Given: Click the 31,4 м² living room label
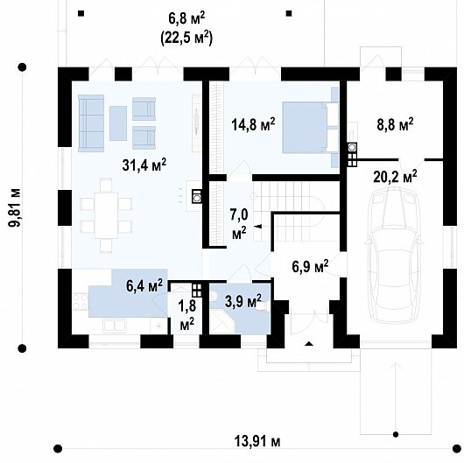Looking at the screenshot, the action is pos(144,165).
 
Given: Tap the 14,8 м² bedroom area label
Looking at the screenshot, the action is pos(253,124).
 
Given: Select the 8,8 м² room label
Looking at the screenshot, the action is pos(395,124).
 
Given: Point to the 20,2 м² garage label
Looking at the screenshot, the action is pos(395,177).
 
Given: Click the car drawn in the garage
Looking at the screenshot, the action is pos(394,256).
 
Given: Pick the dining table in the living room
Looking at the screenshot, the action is pos(106,215).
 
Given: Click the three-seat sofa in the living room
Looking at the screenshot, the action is pos(91,123).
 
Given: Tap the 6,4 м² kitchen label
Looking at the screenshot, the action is pos(144,285).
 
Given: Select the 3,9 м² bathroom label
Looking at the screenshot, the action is pos(243,300).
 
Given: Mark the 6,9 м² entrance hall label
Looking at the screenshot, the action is pos(310,266).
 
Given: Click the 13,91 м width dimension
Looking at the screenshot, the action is pos(257,442).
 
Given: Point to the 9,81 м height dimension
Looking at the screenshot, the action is pos(15,207).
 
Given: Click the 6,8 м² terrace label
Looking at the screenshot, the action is pos(186,18).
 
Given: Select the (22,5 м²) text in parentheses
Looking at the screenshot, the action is pos(186,39).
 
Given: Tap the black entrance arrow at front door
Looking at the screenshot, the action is pos(309,343).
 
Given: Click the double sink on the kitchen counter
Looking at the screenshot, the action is pos(114,326).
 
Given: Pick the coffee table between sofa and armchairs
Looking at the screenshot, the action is pos(118,123).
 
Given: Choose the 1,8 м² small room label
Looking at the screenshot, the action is pos(187,315).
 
